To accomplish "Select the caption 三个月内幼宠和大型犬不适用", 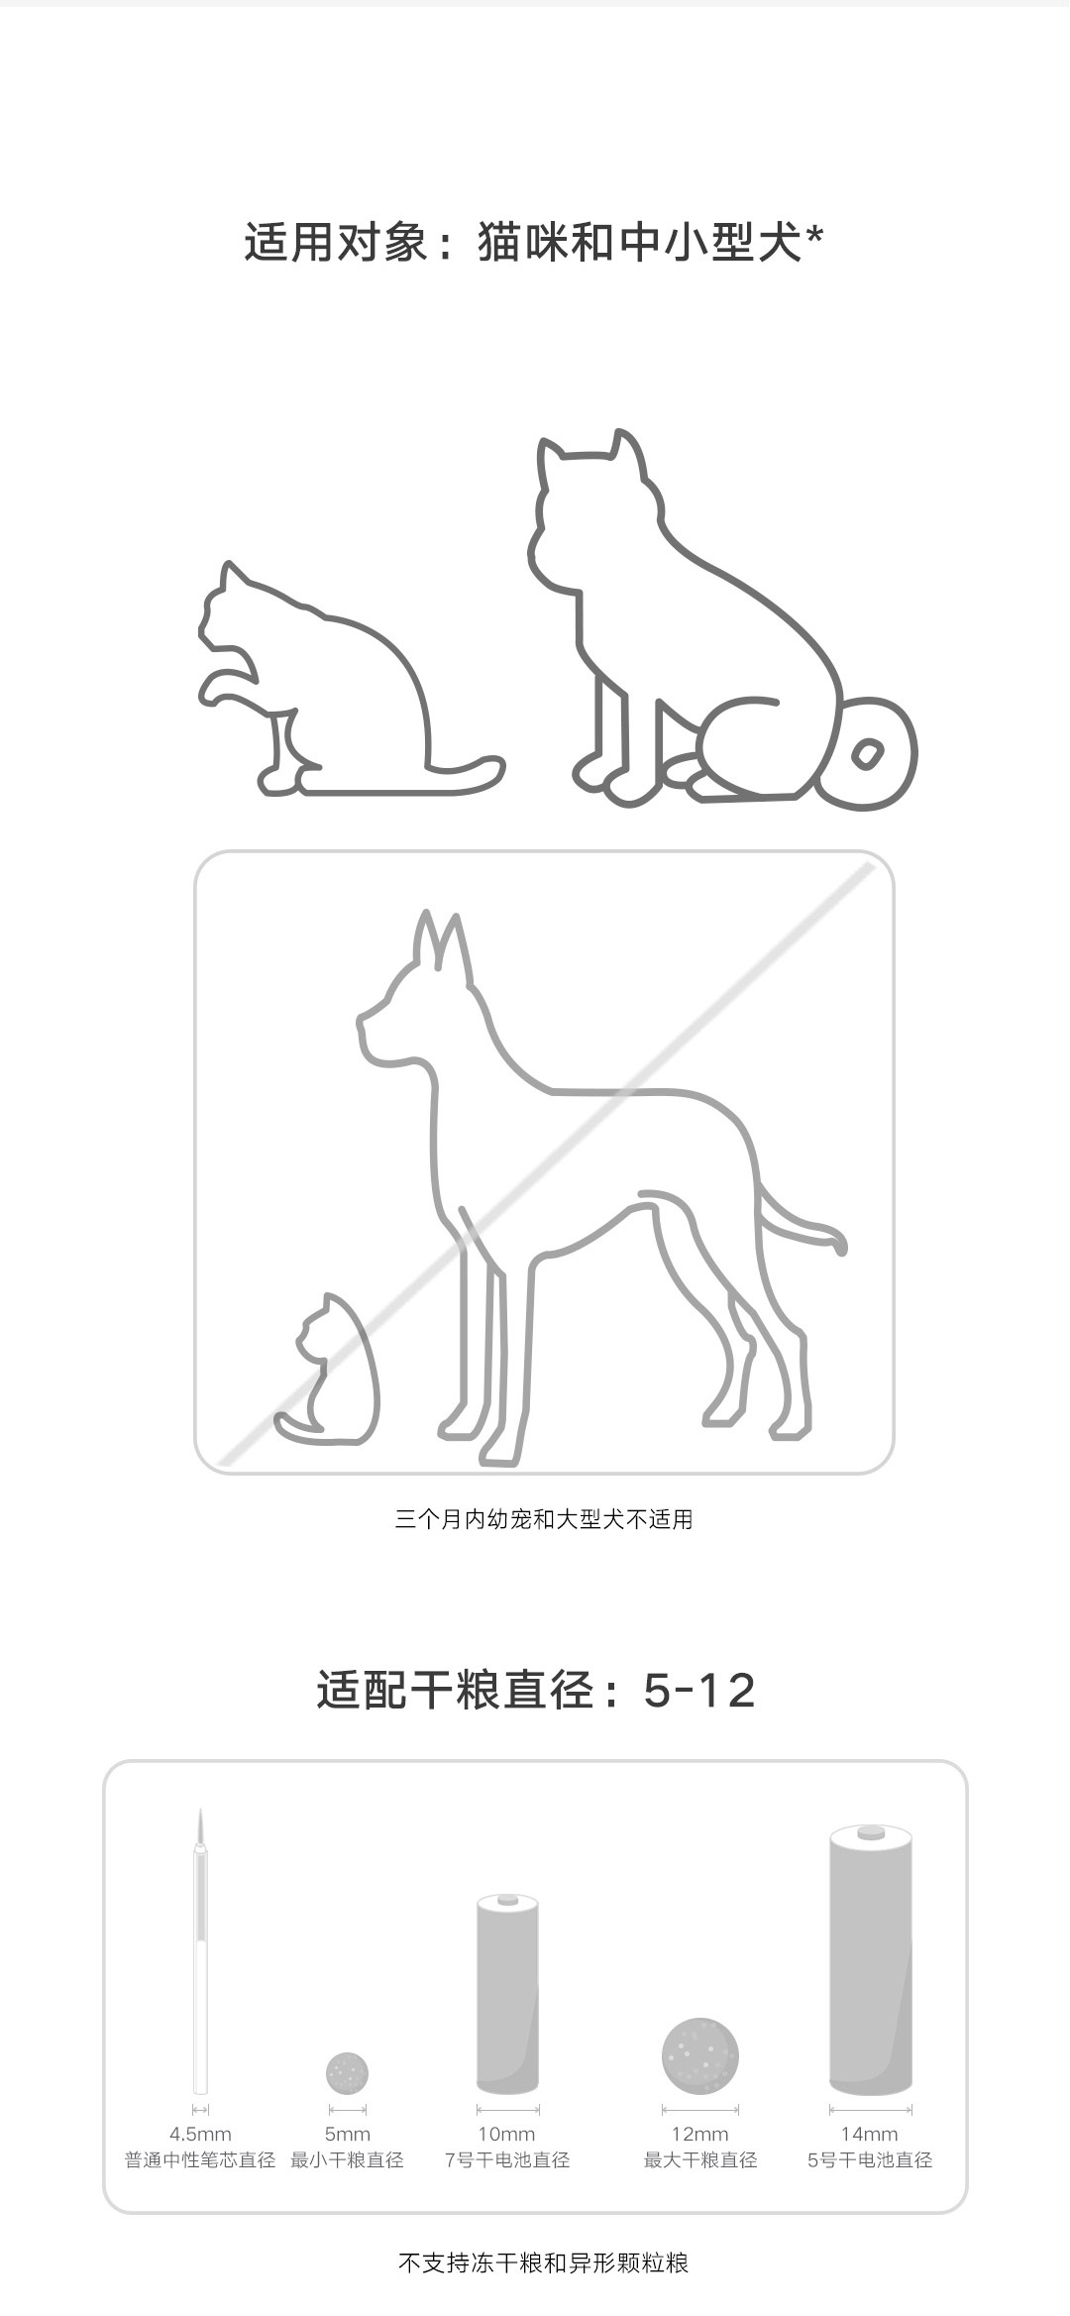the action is [x=544, y=1519].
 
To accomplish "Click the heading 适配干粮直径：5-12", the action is [x=536, y=1690].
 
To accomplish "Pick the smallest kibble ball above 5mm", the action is [x=347, y=2072].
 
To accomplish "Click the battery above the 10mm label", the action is [x=507, y=1993].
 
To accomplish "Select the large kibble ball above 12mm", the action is [x=700, y=2055].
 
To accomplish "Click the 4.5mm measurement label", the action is [x=200, y=2134].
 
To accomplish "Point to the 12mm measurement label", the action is [x=700, y=2134].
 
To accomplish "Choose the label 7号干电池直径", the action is [x=507, y=2160].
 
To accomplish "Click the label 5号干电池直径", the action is [x=870, y=2160].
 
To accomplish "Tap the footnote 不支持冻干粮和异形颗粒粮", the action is [x=543, y=2262].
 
